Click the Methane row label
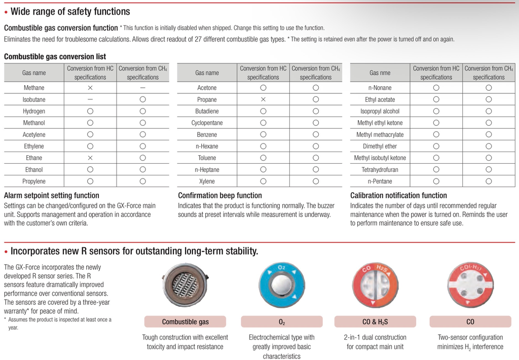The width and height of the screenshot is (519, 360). (34, 88)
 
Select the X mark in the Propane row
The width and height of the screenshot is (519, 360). (263, 99)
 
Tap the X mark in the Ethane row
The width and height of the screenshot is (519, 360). (90, 158)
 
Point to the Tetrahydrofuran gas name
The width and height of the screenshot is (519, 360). (380, 170)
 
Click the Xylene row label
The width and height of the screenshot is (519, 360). (207, 182)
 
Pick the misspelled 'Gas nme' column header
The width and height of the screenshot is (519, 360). (380, 73)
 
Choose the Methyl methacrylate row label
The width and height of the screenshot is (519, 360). (380, 135)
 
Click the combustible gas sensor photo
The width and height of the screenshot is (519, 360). (184, 285)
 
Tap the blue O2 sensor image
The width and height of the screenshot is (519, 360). (282, 285)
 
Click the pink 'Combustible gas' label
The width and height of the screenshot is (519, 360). (186, 321)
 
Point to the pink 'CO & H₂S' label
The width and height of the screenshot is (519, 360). (375, 321)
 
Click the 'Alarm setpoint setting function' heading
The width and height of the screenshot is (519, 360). (52, 195)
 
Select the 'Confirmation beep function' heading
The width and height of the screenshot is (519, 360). (220, 195)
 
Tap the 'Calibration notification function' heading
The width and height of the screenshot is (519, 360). (398, 195)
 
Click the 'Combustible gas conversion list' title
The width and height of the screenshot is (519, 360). (55, 56)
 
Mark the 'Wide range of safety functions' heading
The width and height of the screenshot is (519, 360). (70, 11)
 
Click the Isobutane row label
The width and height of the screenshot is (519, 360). (34, 99)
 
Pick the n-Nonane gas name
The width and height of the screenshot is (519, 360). (380, 88)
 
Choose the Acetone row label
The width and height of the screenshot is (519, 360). (207, 88)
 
